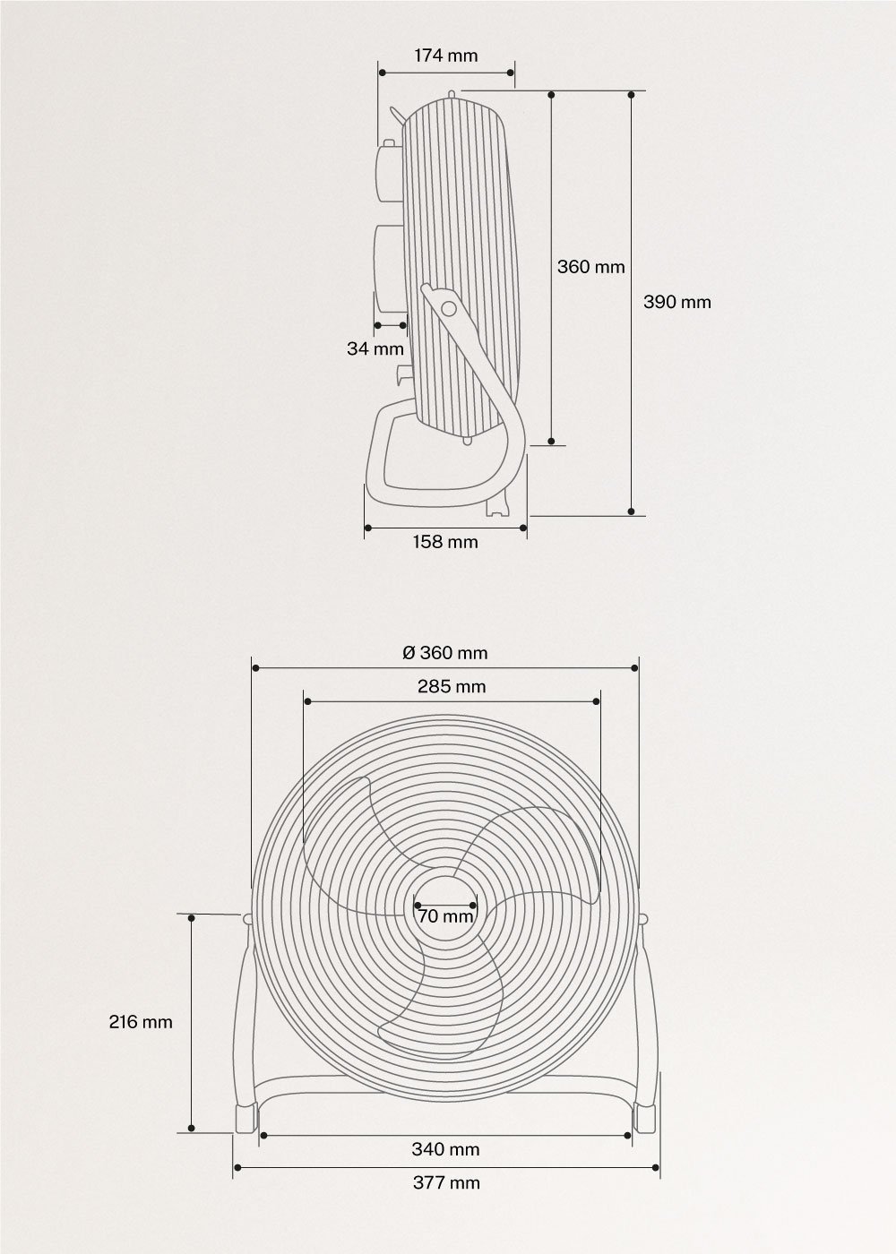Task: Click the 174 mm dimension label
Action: coord(445,56)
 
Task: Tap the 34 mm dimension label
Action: coord(375,348)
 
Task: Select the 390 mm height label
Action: coord(677,302)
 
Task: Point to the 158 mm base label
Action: coord(445,542)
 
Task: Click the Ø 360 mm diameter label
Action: coord(445,653)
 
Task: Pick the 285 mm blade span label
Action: coord(452,687)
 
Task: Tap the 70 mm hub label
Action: coord(445,916)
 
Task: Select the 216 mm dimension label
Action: coord(141,1021)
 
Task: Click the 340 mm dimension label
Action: coord(445,1149)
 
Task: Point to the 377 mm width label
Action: coord(446,1182)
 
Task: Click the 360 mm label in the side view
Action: coord(590,267)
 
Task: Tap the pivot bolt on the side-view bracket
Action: coord(448,308)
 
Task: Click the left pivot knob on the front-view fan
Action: coord(246,917)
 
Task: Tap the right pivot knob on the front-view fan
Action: coord(644,917)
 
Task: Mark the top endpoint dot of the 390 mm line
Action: coord(632,94)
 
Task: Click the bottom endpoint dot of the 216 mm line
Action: coord(191,1128)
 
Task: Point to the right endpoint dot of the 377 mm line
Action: coord(659,1168)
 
